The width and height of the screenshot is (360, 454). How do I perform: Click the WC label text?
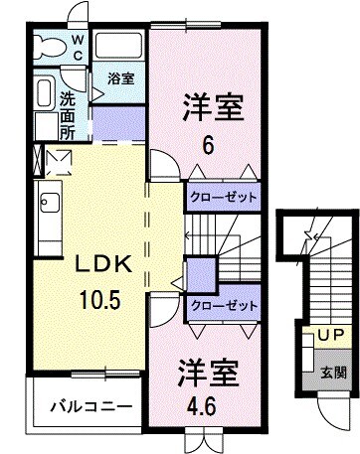[x=79, y=48]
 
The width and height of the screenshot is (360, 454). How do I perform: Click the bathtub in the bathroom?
[x=120, y=44]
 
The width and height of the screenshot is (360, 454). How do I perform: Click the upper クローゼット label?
[x=223, y=197]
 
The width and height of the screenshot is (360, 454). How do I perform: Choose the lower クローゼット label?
[x=223, y=305]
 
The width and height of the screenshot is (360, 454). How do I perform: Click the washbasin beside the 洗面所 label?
[x=44, y=94]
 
